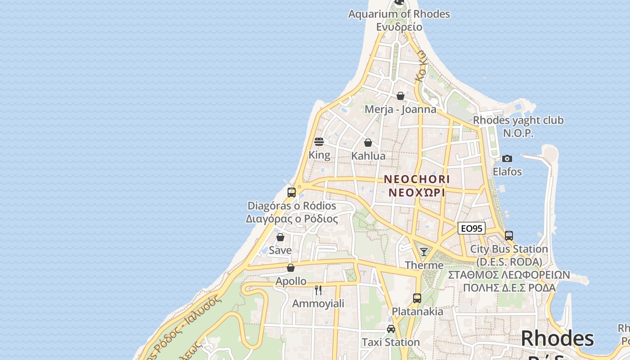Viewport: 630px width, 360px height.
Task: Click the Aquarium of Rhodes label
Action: [399, 14]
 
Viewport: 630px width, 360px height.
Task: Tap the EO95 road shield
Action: [471, 229]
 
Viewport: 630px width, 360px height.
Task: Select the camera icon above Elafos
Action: [507, 158]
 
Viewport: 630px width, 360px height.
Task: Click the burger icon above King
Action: [319, 142]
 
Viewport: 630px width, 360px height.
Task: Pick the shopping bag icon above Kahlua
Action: [368, 143]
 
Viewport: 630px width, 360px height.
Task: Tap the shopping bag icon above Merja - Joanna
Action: [400, 96]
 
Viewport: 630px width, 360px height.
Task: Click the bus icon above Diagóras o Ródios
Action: [292, 193]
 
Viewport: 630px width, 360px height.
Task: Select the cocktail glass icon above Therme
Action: [424, 252]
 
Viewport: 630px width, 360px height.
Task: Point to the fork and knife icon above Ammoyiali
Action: [318, 290]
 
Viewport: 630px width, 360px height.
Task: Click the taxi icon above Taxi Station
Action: [391, 329]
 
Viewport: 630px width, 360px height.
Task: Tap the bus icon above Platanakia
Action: [417, 298]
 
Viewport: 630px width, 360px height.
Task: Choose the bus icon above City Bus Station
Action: [509, 235]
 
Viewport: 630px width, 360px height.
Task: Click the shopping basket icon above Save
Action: [280, 237]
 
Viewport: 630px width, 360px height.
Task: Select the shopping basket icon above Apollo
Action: [291, 268]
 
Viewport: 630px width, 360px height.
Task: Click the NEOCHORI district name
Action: [417, 179]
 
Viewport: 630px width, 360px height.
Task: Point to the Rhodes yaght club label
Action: [518, 121]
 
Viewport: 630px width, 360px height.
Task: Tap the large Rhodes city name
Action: [557, 338]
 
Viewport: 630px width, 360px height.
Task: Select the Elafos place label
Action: [507, 171]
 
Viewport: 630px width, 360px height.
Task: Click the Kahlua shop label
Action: [368, 156]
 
